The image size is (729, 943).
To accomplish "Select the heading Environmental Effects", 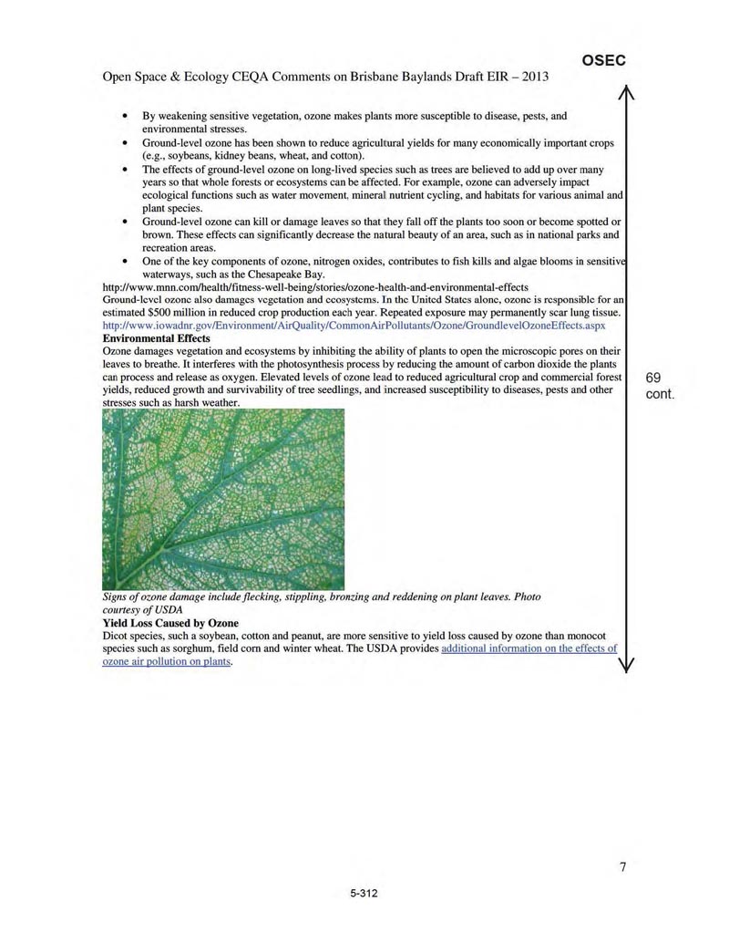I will pyautogui.click(x=156, y=338).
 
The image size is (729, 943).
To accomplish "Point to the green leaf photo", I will pyautogui.click(x=223, y=499).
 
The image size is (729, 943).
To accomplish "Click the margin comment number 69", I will pyautogui.click(x=654, y=378).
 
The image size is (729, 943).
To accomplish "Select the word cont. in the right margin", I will pyautogui.click(x=659, y=395).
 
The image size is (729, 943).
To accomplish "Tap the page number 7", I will pyautogui.click(x=623, y=867).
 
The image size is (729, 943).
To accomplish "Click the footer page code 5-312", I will pyautogui.click(x=363, y=894).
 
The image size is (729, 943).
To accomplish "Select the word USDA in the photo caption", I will pyautogui.click(x=169, y=609).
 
